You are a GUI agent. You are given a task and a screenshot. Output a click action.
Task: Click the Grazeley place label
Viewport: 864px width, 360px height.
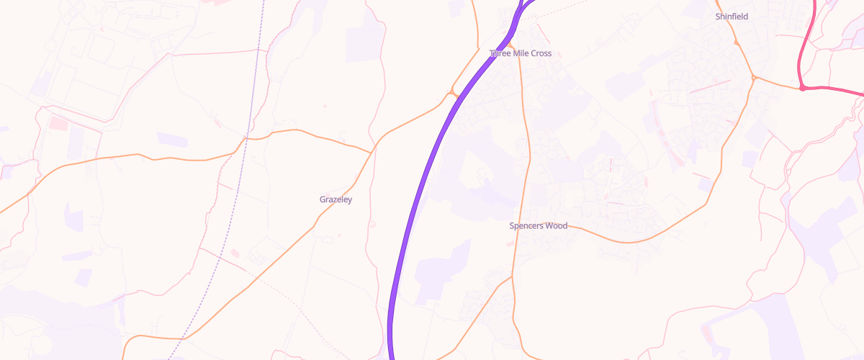coord(336,199)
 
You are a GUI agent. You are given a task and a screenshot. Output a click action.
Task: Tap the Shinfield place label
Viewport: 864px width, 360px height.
coord(732,16)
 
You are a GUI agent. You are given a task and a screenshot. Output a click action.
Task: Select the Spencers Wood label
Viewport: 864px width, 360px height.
coord(538,226)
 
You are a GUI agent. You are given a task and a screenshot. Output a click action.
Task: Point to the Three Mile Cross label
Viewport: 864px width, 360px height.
coord(521,53)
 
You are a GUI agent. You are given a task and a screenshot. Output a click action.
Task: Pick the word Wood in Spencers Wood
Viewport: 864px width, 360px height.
coord(556,226)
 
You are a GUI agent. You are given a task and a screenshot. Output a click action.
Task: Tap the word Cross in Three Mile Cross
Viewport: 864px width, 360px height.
coord(541,53)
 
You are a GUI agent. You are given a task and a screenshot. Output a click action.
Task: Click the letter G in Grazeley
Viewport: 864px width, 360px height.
coord(322,199)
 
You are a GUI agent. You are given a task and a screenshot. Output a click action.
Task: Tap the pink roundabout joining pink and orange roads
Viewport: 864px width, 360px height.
coord(802,88)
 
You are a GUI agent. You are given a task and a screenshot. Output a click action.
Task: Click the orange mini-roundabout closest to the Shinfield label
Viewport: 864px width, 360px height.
coord(736,42)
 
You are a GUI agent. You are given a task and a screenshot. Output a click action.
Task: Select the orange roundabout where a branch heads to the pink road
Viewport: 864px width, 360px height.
coord(754,77)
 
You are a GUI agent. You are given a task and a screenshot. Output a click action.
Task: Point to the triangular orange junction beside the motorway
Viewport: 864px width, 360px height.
coord(453,94)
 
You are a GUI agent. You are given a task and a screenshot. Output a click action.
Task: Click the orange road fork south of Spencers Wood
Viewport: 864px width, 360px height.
coord(511,276)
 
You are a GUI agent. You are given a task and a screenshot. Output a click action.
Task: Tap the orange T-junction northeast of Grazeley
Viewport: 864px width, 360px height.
coord(372,152)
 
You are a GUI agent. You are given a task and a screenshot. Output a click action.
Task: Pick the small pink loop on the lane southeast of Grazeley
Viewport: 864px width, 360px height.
coord(372,224)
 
